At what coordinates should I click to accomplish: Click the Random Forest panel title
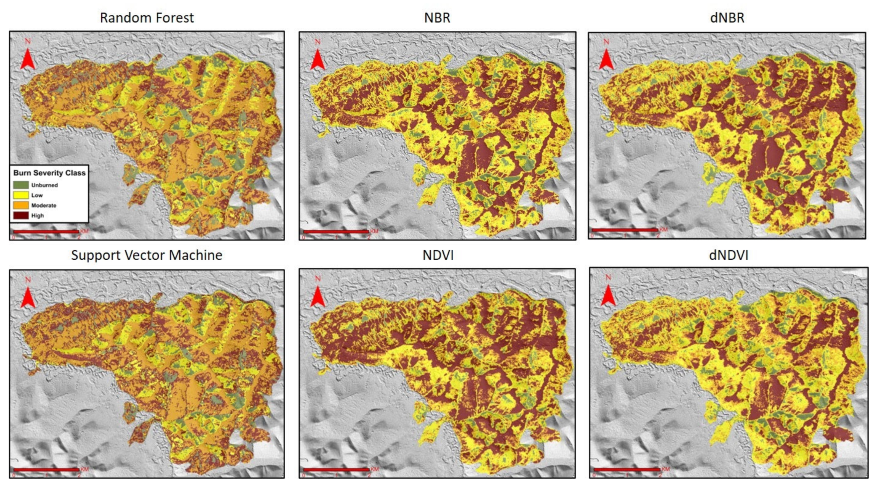pos(147,18)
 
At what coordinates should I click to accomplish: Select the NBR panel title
pos(437,18)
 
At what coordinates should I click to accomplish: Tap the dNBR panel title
pos(727,18)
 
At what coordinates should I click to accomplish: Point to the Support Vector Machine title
pos(147,255)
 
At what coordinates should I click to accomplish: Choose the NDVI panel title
pos(438,255)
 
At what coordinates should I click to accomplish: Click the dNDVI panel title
pos(728,255)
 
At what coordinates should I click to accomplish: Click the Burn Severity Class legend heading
pos(49,173)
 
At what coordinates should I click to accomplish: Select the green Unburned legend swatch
pos(21,185)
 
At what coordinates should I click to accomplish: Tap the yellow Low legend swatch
pos(21,195)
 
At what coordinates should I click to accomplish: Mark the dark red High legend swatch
pos(21,215)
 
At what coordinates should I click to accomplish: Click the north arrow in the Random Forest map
pos(28,58)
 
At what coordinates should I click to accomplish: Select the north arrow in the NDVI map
pos(318,296)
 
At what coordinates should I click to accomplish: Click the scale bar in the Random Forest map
pos(46,232)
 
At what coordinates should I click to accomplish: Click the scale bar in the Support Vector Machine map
pos(46,470)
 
